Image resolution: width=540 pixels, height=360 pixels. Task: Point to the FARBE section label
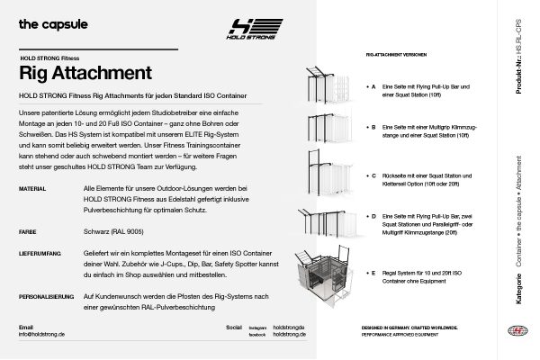pos(28,231)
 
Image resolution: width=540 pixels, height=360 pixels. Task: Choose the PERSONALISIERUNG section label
pos(45,295)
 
